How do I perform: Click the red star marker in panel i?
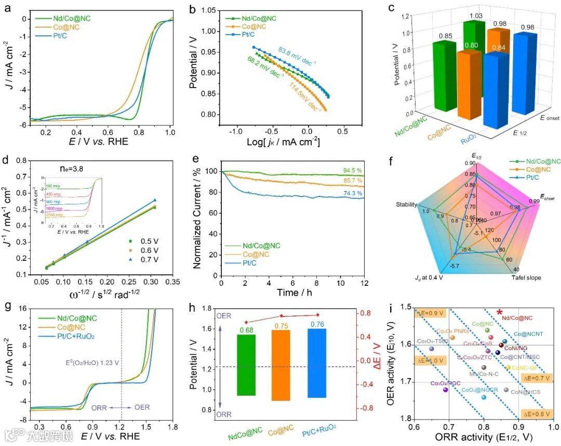coord(499,312)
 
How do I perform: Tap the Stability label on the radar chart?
coord(407,204)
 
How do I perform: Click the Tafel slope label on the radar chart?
coord(526,277)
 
